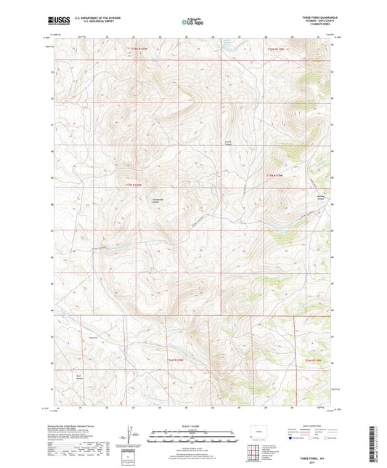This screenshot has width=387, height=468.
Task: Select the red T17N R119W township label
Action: click(x=275, y=175)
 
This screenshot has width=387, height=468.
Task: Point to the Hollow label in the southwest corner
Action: click(x=79, y=377)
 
